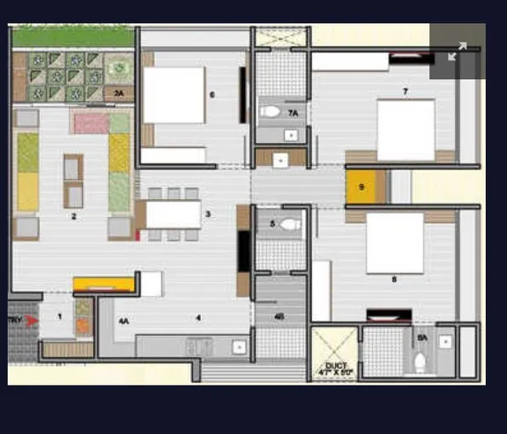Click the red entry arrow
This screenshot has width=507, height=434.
point(32,321)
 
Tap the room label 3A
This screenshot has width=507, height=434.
point(119,92)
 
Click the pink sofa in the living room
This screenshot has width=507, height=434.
point(90,123)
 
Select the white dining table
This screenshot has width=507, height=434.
point(173,214)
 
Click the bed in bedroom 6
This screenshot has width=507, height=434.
point(174,94)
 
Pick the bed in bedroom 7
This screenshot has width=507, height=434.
point(406,129)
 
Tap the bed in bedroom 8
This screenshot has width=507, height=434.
point(395,243)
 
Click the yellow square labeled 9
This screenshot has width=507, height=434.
point(361,187)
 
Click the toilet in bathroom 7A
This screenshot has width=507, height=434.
point(271,111)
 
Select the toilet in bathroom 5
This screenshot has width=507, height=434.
point(290,225)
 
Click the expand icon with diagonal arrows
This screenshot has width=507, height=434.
point(458,51)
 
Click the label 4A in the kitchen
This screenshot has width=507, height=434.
point(124,321)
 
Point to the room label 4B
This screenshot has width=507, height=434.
point(279,318)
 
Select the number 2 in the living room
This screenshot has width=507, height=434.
point(74,217)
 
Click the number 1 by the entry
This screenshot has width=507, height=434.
point(60,316)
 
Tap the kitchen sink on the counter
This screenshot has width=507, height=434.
point(239,346)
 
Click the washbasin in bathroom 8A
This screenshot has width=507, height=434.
point(444,340)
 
